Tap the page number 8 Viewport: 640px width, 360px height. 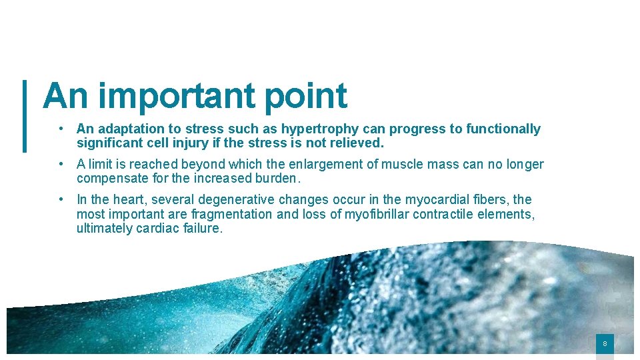605,344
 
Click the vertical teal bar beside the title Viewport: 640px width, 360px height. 25,116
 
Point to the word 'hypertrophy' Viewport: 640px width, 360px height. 322,129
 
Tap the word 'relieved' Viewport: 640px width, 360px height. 358,143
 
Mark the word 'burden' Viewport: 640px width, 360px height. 278,178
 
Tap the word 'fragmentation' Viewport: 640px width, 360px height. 231,214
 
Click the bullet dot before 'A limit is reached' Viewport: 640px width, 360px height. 61,164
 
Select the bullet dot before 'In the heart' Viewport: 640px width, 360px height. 61,199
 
